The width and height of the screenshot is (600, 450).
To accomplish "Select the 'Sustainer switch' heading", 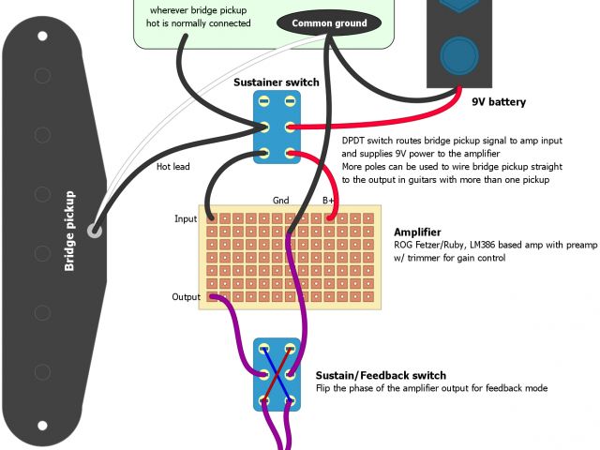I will tap(276, 82).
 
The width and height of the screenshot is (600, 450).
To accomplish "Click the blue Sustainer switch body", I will tap(277, 128).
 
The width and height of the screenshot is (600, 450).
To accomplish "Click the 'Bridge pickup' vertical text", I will tap(69, 232).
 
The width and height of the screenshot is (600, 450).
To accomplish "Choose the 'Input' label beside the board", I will tap(186, 219).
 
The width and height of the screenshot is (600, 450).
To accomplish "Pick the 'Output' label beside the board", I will tap(186, 297).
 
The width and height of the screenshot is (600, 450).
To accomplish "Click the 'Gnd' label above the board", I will tap(281, 200).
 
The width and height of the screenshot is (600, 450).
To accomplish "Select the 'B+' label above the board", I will tap(329, 200).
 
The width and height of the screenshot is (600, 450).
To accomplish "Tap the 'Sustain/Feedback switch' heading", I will tap(380, 375).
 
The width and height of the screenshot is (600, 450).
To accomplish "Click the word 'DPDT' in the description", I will tap(357, 139).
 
